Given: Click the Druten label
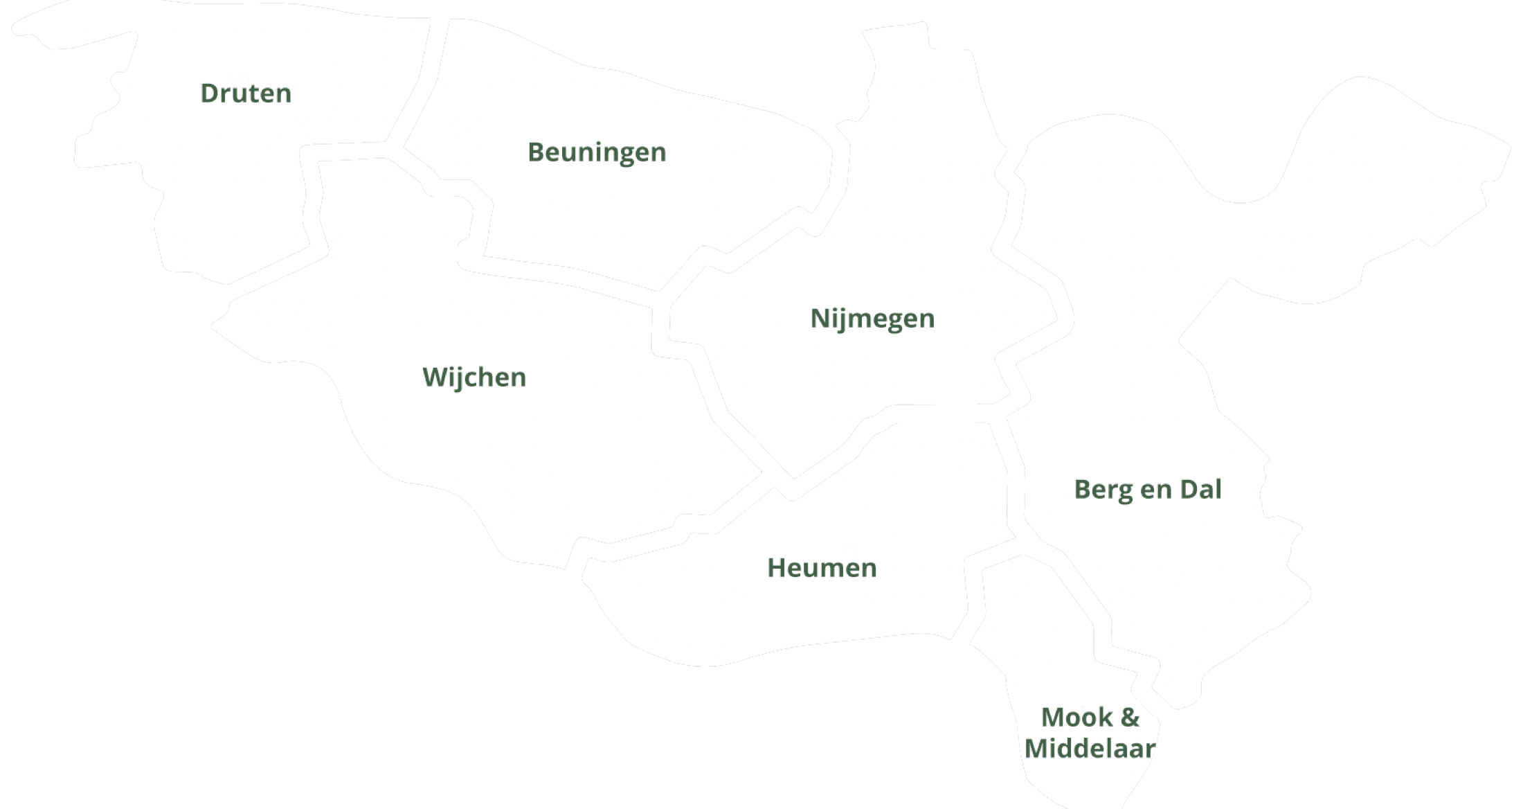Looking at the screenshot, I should pos(246,93).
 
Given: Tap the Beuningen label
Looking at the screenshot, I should pos(597,152).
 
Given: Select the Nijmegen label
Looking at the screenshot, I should pos(872,318).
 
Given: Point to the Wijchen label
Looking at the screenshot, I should pos(474,377).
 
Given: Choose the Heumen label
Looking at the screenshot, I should pos(822,567).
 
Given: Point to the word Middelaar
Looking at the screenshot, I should pos(1090,748).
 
